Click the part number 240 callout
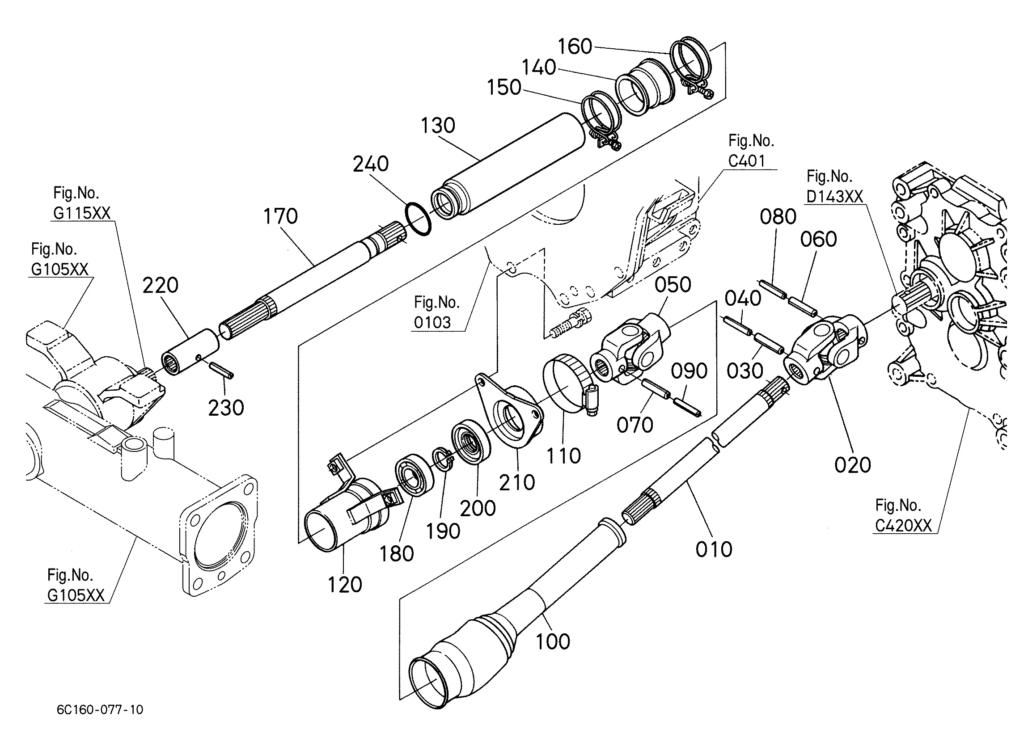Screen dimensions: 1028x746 371,164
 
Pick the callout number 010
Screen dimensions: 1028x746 714,549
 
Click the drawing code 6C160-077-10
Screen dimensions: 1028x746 100,710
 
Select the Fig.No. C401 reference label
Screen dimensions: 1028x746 751,151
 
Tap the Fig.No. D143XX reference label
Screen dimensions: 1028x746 834,186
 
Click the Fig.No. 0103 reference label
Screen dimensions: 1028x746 436,312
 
